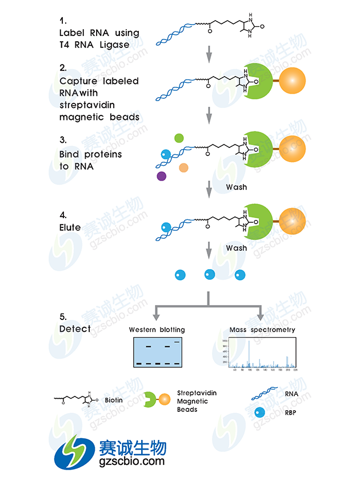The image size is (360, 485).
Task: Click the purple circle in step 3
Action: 162,176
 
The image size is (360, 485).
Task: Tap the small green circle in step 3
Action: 179,138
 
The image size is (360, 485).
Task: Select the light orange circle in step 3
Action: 183,167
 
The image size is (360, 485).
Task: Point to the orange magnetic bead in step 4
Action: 292,222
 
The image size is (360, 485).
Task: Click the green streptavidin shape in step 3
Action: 259,150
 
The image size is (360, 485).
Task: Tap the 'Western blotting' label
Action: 157,330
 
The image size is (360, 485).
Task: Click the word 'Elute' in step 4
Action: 70,227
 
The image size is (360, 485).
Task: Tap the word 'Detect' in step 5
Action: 75,329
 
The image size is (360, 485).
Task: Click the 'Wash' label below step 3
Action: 236,187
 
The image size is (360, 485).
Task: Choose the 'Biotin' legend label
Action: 114,400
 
